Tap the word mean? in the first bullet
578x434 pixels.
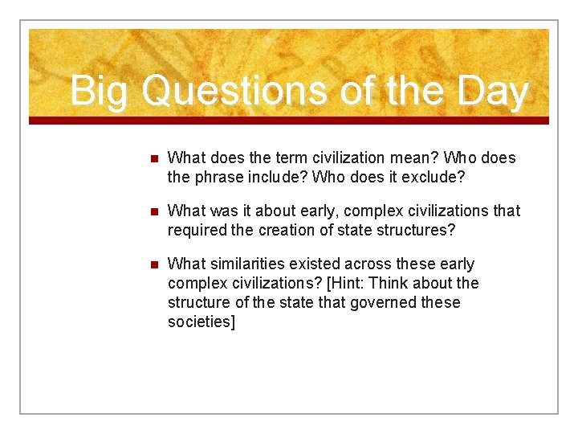[413, 158]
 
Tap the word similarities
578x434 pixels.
[243, 264]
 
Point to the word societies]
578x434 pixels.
[201, 322]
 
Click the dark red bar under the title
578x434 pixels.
[289, 121]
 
